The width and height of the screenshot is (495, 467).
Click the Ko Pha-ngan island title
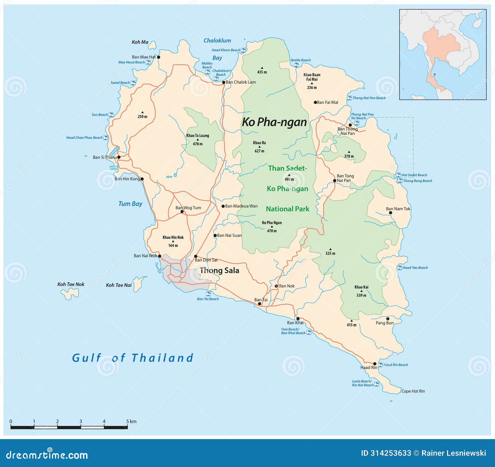(274, 122)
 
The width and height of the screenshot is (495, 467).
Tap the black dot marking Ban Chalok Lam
(224, 82)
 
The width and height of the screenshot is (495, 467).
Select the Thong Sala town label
(219, 271)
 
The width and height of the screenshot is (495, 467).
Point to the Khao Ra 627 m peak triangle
(259, 147)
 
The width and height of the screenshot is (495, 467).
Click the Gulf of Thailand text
(133, 358)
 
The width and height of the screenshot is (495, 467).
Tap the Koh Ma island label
(140, 42)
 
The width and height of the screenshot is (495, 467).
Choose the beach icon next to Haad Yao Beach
(399, 267)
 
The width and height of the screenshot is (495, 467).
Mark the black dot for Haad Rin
(375, 364)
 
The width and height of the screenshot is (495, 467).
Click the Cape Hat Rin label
(413, 391)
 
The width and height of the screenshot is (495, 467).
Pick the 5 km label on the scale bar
(131, 421)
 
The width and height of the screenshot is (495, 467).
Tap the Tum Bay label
(130, 204)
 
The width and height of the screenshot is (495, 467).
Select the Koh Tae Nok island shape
(70, 293)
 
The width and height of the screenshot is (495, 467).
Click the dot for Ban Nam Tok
(390, 213)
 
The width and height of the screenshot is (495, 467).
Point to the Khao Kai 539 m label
(361, 291)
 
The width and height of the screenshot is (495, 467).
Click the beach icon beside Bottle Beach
(296, 65)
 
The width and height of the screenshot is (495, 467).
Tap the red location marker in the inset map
(434, 74)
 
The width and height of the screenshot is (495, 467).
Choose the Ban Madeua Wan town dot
(223, 206)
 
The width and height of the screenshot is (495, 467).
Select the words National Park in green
(287, 209)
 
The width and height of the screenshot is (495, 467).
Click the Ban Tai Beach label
(208, 299)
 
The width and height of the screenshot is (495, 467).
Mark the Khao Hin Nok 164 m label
(173, 241)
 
